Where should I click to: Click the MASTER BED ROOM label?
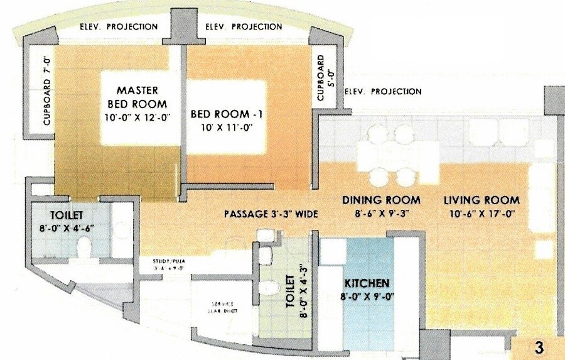coord(137,97)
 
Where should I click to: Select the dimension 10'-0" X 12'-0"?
coord(137,117)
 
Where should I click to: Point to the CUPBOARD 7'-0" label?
coord(46,101)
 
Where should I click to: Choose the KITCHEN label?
coord(365,283)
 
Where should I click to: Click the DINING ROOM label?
coord(381,200)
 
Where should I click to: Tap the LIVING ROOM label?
coord(482,200)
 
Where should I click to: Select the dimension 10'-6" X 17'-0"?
coord(482,213)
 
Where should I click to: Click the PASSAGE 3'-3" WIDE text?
coord(271,214)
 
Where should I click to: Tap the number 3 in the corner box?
coord(538,347)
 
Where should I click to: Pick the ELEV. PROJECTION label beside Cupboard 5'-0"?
coord(383,91)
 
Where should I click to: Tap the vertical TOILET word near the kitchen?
coord(290,289)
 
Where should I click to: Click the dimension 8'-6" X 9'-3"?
coord(381,213)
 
